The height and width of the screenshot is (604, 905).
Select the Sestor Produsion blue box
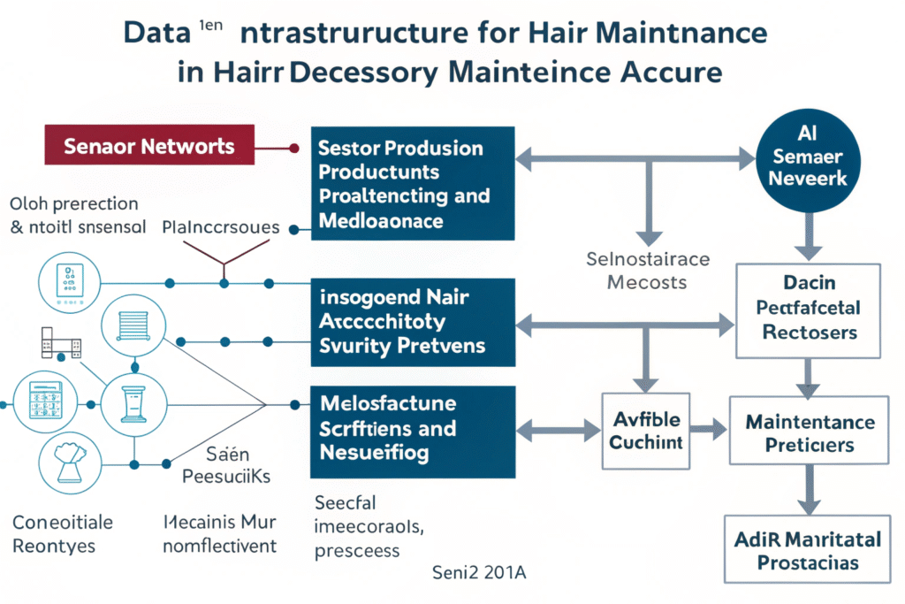coord(412,183)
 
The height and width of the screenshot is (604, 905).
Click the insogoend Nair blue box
coord(412,321)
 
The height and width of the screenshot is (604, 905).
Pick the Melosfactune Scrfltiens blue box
coord(412,429)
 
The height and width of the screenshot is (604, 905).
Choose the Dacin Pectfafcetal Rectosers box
coord(809,310)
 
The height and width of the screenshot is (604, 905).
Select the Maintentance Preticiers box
coord(809,430)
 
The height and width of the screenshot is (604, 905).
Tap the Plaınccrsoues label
coord(221,228)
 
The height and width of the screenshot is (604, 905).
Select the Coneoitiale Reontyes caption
coord(57,533)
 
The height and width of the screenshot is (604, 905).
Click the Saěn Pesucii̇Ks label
coord(223,466)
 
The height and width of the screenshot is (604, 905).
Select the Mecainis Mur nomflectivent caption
coord(221,533)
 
